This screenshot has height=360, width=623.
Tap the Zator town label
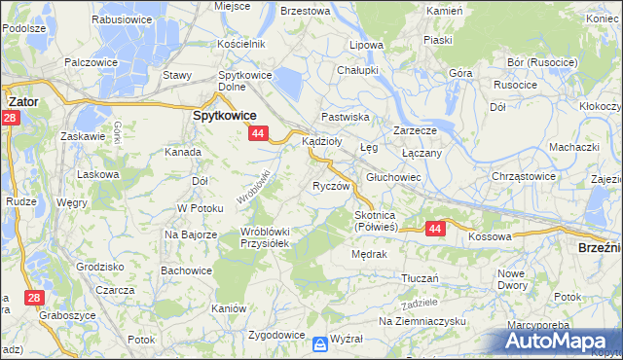[x=22, y=99]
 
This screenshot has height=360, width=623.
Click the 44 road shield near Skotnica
[x=434, y=228]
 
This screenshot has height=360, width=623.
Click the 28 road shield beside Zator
[x=9, y=118]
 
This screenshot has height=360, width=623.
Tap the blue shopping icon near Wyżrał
[x=320, y=343]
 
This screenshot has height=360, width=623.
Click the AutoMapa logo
[x=559, y=340]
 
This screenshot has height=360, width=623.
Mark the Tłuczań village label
[x=423, y=277]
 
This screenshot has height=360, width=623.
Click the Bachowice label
[x=186, y=270]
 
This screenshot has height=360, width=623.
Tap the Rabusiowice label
[x=123, y=18]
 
